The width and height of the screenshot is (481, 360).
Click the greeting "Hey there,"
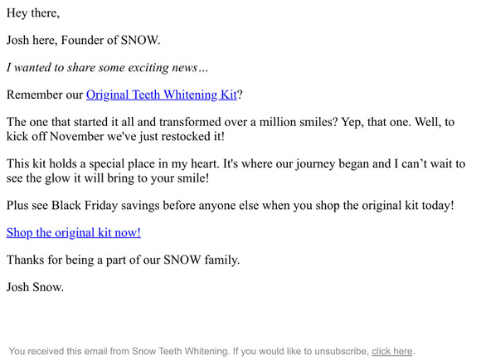(x=32, y=14)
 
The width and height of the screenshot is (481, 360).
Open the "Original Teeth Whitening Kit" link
(x=162, y=95)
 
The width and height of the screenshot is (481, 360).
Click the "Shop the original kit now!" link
(x=74, y=233)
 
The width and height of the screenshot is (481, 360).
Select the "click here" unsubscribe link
(x=391, y=352)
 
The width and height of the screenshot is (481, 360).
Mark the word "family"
(x=216, y=260)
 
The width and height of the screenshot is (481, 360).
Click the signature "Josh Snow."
(x=35, y=287)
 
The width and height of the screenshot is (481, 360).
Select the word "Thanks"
(x=27, y=260)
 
